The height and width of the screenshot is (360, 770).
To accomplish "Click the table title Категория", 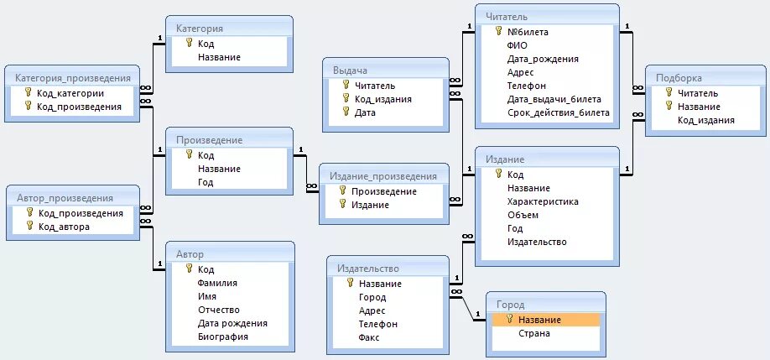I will pos(200,29).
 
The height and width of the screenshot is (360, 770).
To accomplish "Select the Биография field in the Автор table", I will pos(223,337).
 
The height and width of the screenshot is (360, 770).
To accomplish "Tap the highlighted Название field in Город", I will pos(539,320).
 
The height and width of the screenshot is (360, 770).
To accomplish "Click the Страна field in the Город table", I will pos(534,333).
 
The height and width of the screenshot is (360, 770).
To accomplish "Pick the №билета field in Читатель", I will pos(528,32).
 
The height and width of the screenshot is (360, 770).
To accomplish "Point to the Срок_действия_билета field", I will pos(559,112).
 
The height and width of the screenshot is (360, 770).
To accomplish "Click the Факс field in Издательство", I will pos(369,337).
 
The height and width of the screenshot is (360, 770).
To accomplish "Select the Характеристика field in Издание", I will pos(543,201).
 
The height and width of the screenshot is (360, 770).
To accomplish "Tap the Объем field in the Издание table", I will pos(523,215).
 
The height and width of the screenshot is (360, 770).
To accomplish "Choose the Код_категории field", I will pos(70,93).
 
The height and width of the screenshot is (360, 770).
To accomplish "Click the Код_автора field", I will pos(64,227).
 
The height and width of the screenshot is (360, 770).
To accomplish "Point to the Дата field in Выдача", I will pos(365,112).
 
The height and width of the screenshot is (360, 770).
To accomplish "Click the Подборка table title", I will pos(679,78).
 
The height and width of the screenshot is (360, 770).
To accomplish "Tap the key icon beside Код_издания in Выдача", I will pos(346,98).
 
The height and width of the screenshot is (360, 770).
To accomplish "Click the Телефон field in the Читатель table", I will pos(527,86).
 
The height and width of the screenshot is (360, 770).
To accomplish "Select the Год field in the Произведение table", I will pos(206,182).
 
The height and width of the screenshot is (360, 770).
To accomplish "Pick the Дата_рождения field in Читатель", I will pos(543,59).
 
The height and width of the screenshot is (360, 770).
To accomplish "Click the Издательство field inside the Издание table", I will pos(537,242).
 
